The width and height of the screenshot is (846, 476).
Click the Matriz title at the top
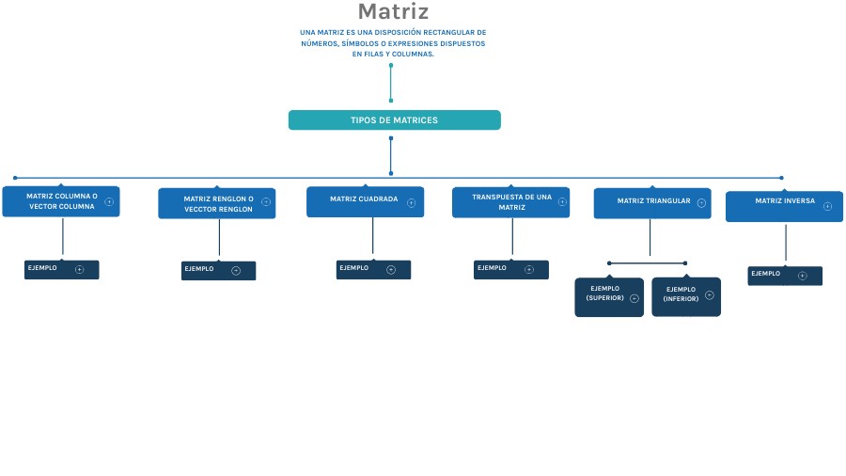click(393, 12)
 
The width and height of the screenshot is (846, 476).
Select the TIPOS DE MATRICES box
click(394, 120)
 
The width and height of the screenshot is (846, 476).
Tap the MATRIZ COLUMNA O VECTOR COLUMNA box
click(61, 201)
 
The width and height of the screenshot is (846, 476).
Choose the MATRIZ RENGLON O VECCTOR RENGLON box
click(216, 203)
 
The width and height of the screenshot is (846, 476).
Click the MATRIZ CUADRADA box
click(364, 201)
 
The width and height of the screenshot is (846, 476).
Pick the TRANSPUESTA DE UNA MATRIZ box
click(510, 202)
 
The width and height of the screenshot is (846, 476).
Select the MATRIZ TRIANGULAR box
click(651, 202)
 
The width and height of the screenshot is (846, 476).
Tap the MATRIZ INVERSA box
click(783, 206)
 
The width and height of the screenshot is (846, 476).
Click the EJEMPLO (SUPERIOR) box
click(609, 296)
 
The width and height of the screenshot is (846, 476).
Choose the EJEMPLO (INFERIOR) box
click(685, 296)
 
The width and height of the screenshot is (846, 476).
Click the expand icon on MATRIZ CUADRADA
click(411, 202)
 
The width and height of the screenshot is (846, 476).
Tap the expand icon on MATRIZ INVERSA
click(827, 206)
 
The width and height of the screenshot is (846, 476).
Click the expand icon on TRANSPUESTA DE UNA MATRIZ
click(562, 201)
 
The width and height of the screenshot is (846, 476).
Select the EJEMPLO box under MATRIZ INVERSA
click(784, 276)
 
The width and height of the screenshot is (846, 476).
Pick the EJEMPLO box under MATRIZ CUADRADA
click(373, 270)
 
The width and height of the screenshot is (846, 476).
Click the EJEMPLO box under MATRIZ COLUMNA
click(61, 270)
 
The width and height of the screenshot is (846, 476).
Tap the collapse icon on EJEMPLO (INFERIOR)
click(710, 295)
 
